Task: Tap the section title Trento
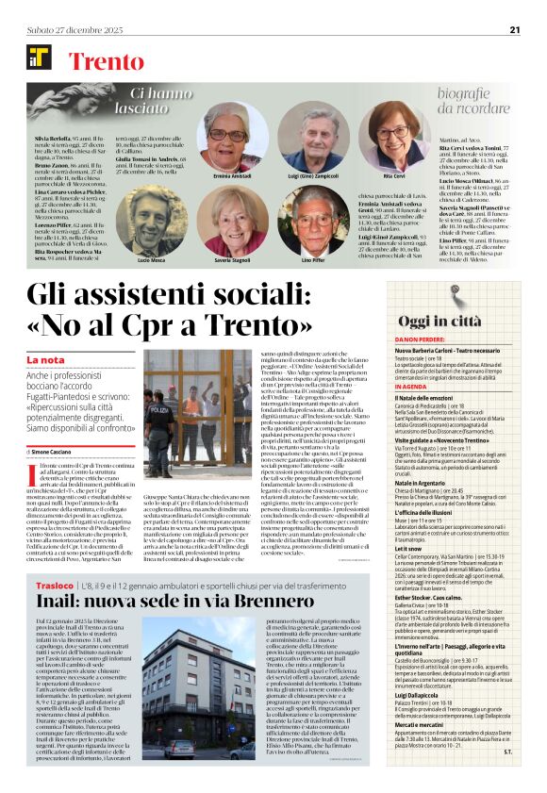click(x=106, y=62)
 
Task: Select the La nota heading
click(x=46, y=360)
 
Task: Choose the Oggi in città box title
click(x=455, y=322)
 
